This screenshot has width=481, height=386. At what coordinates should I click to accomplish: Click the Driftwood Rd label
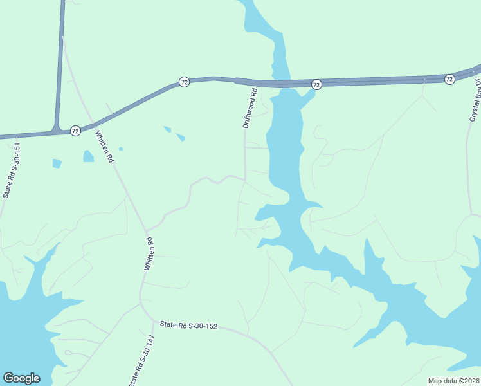coord(250,108)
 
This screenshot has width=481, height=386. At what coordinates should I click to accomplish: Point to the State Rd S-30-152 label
coord(189,326)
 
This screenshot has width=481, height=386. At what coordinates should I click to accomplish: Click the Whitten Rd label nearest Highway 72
coord(104,147)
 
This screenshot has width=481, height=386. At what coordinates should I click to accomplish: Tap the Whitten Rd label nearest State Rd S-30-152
coord(149,253)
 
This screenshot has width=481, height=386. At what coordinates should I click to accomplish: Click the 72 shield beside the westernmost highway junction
coord(75,131)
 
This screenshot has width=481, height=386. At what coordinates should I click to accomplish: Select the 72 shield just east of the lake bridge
coord(316,84)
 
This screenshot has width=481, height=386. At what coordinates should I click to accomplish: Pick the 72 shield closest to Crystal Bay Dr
coord(449,78)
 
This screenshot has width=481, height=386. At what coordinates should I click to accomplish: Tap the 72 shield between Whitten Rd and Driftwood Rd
coord(184,82)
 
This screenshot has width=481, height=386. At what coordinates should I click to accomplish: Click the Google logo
coord(21,378)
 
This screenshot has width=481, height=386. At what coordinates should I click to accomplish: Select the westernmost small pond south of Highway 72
coord(57,163)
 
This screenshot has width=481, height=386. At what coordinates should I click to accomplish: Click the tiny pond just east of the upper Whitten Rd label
coord(120,149)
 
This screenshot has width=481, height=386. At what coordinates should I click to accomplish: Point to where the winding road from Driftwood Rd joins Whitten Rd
coord(147,230)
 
